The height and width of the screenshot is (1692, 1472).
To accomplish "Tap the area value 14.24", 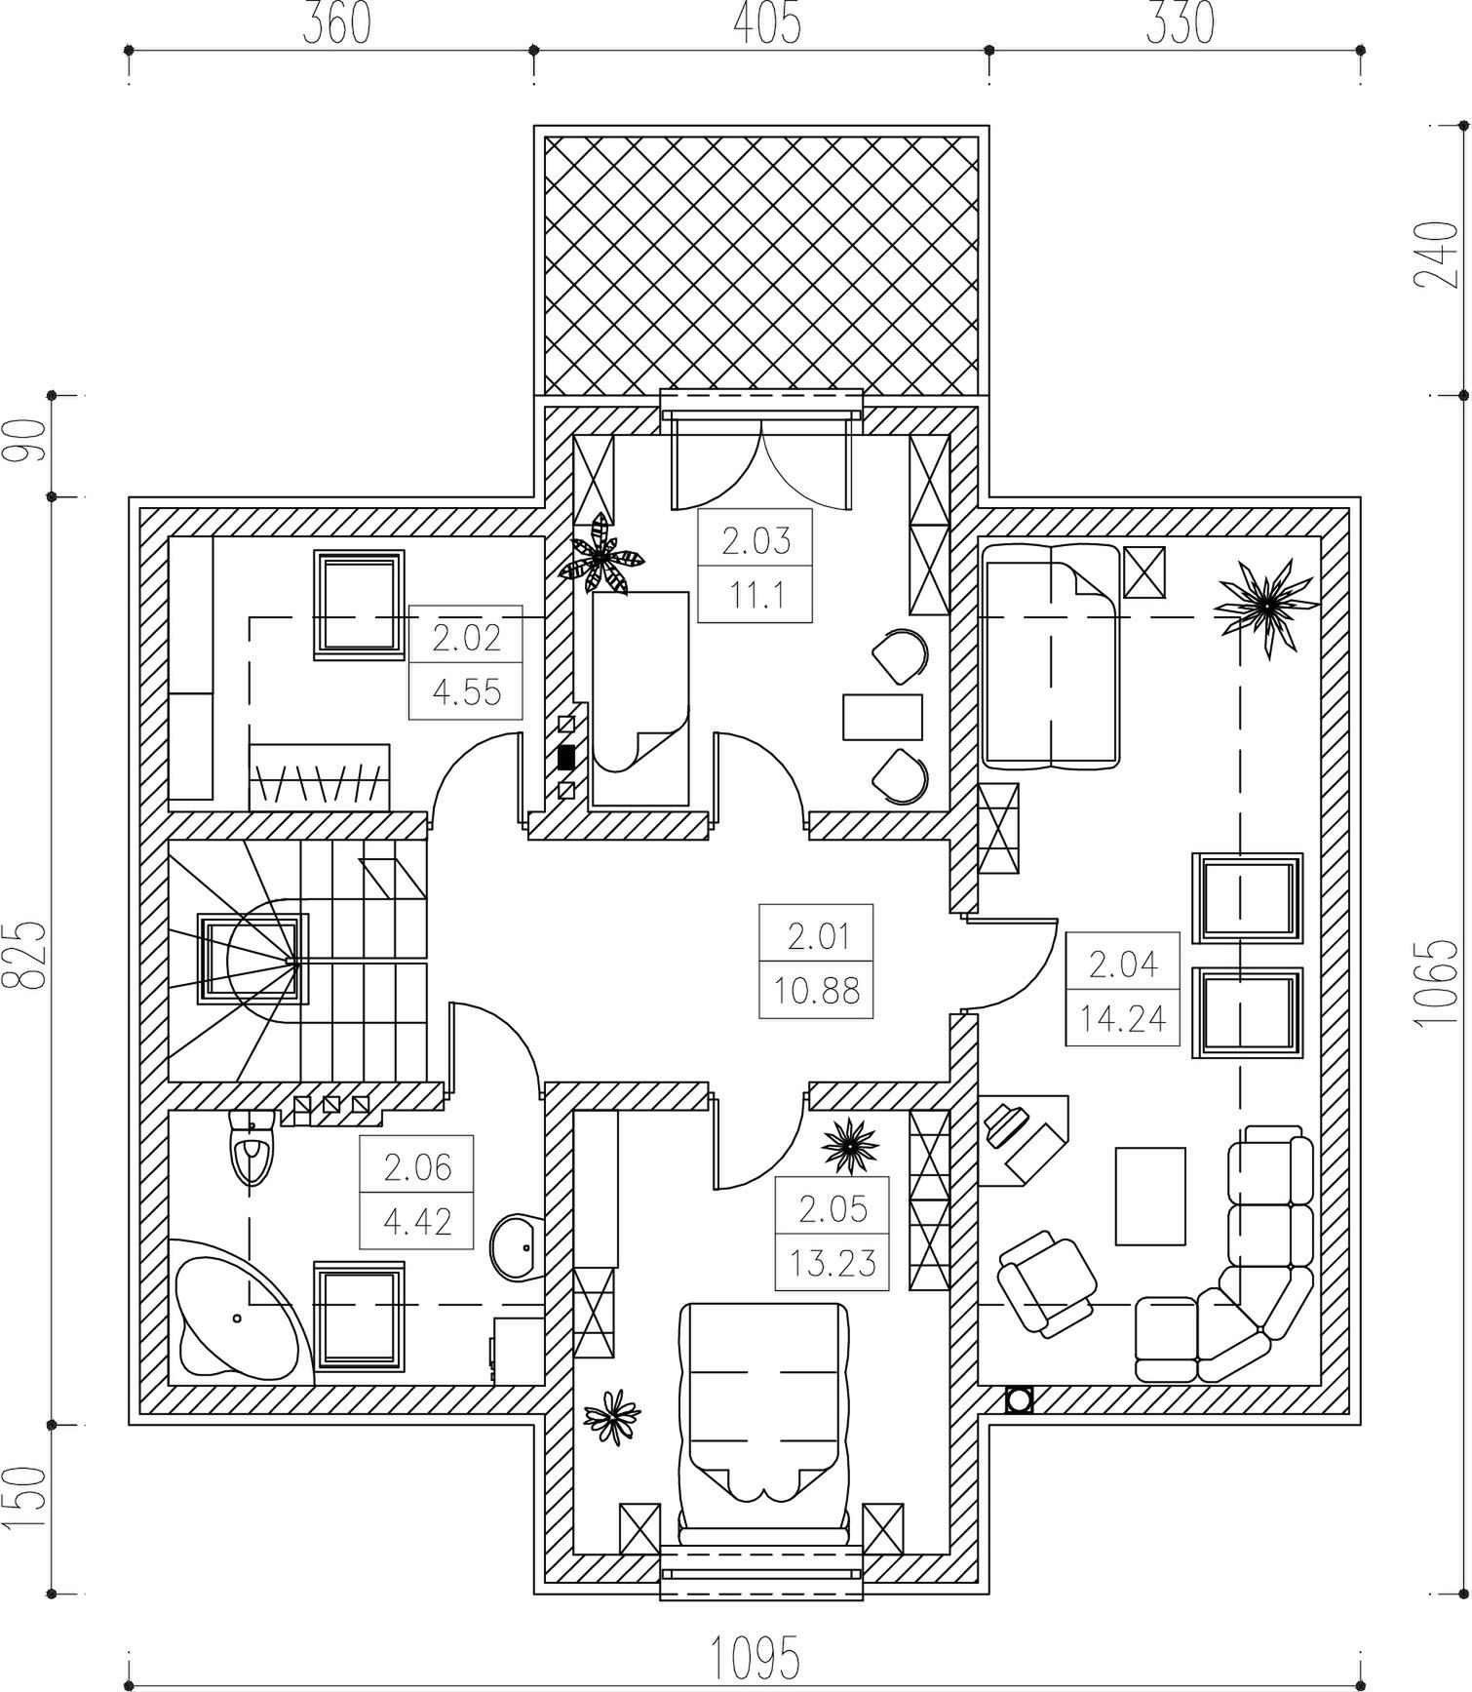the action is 1123,1018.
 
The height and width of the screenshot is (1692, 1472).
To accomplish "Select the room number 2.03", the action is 755,539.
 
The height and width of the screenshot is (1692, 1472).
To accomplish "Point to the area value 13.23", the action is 833,1263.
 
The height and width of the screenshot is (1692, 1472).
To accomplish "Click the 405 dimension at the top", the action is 767,23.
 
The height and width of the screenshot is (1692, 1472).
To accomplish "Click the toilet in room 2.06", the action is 252,1149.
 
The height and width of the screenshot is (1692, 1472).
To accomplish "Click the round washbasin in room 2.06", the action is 519,1246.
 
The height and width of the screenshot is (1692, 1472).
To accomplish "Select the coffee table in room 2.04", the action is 1150,1196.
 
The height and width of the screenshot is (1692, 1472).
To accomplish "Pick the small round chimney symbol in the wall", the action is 1020,1399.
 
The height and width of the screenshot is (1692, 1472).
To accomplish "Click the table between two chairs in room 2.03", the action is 882,718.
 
